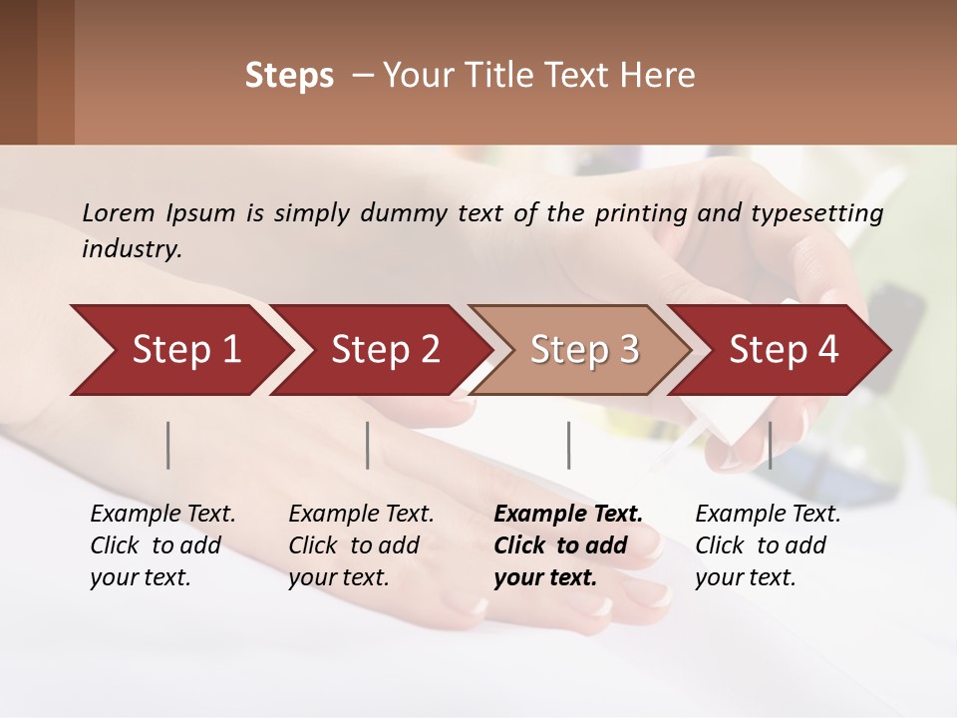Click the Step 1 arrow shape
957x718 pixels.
tap(179, 350)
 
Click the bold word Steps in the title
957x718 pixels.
tap(289, 76)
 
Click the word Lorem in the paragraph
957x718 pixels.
tap(118, 212)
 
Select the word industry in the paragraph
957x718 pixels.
tap(132, 248)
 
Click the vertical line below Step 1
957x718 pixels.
tap(168, 445)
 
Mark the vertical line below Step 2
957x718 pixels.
tap(368, 445)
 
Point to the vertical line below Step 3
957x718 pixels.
tap(569, 445)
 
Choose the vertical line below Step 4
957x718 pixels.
tap(771, 445)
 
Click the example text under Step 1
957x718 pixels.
tap(162, 545)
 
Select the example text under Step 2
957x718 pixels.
tap(361, 545)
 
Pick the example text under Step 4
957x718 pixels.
tap(768, 545)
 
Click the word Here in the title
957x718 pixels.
tap(662, 76)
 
